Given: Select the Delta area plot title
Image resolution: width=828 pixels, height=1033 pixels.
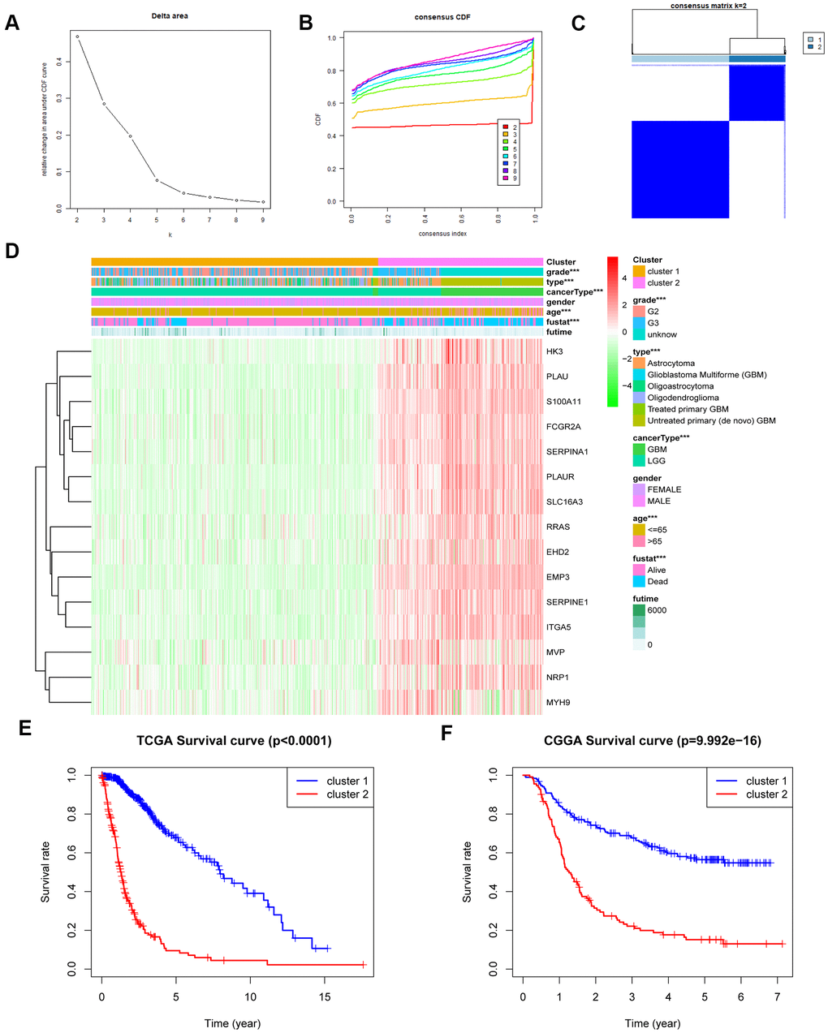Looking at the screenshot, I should click(169, 15).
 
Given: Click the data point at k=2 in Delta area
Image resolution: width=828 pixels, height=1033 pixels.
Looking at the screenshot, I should click(78, 37).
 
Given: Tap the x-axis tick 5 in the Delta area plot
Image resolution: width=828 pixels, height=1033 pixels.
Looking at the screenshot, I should click(157, 221).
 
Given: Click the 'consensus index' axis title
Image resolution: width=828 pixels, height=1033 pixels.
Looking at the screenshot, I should click(442, 233).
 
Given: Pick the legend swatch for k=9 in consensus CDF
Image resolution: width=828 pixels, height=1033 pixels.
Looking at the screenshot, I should click(505, 179).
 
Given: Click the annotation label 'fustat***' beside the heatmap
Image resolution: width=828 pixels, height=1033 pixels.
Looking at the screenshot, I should click(563, 322).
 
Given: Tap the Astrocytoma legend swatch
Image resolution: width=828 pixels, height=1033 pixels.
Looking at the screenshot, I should click(639, 364).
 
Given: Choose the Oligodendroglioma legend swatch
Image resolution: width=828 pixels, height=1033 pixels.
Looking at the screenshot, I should click(639, 398).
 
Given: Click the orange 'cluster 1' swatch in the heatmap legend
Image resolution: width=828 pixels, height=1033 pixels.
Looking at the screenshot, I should click(639, 271).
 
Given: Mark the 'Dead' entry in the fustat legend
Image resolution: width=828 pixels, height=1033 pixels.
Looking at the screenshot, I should click(658, 582).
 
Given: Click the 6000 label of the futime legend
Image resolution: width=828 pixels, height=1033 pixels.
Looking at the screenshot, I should click(657, 610).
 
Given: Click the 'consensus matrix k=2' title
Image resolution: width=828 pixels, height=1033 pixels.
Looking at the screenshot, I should click(709, 6).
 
